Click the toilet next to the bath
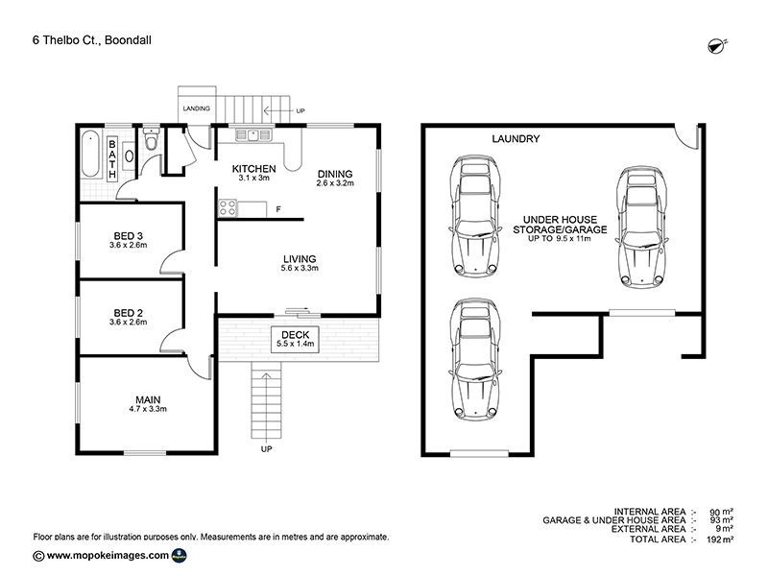coord(147,145)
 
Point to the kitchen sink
coord(252,135)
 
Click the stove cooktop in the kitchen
coord(228,205)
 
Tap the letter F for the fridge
coord(278,209)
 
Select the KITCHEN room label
coord(254,169)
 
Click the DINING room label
coord(336,173)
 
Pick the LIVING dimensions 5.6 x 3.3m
coord(300,269)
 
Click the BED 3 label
coord(128,237)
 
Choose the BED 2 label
coord(128,314)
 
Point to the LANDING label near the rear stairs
coord(197,108)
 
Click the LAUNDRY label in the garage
coord(516,139)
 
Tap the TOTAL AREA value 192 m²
coord(720,540)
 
